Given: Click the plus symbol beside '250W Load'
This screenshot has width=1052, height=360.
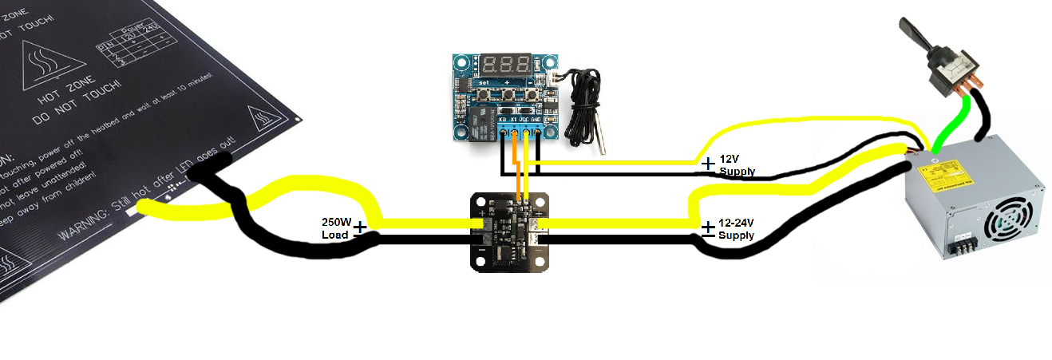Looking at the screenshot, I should click(x=361, y=227).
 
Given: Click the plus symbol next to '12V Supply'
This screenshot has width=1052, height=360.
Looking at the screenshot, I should click(x=707, y=163).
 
